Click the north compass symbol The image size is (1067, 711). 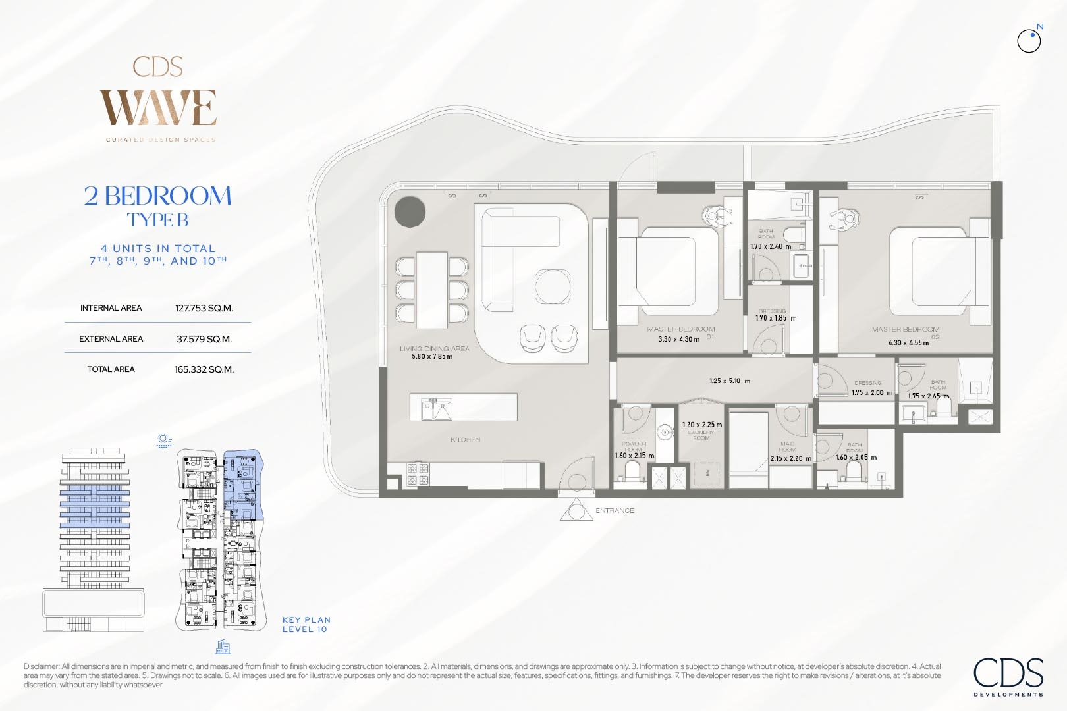pos(1029,41)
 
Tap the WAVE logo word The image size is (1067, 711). pos(158,107)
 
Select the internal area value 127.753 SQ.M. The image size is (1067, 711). pos(204,308)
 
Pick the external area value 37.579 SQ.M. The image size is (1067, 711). pos(204,339)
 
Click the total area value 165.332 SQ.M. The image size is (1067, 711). pos(204,369)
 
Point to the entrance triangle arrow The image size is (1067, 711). pos(576,511)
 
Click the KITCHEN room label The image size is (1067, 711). pos(465,440)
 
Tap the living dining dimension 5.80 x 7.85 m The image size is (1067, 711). pos(432,357)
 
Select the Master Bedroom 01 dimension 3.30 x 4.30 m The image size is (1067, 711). pos(678,340)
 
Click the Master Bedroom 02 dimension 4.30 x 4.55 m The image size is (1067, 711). pos(908,343)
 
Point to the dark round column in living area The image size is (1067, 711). pos(410,212)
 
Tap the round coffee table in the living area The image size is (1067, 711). pos(553,286)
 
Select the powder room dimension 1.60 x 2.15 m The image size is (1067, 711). pos(634,456)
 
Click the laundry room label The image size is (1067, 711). pos(701,435)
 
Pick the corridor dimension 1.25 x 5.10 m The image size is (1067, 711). pos(729,381)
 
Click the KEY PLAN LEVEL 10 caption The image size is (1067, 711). pos(306,624)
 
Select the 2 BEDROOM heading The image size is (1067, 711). pos(158,196)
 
